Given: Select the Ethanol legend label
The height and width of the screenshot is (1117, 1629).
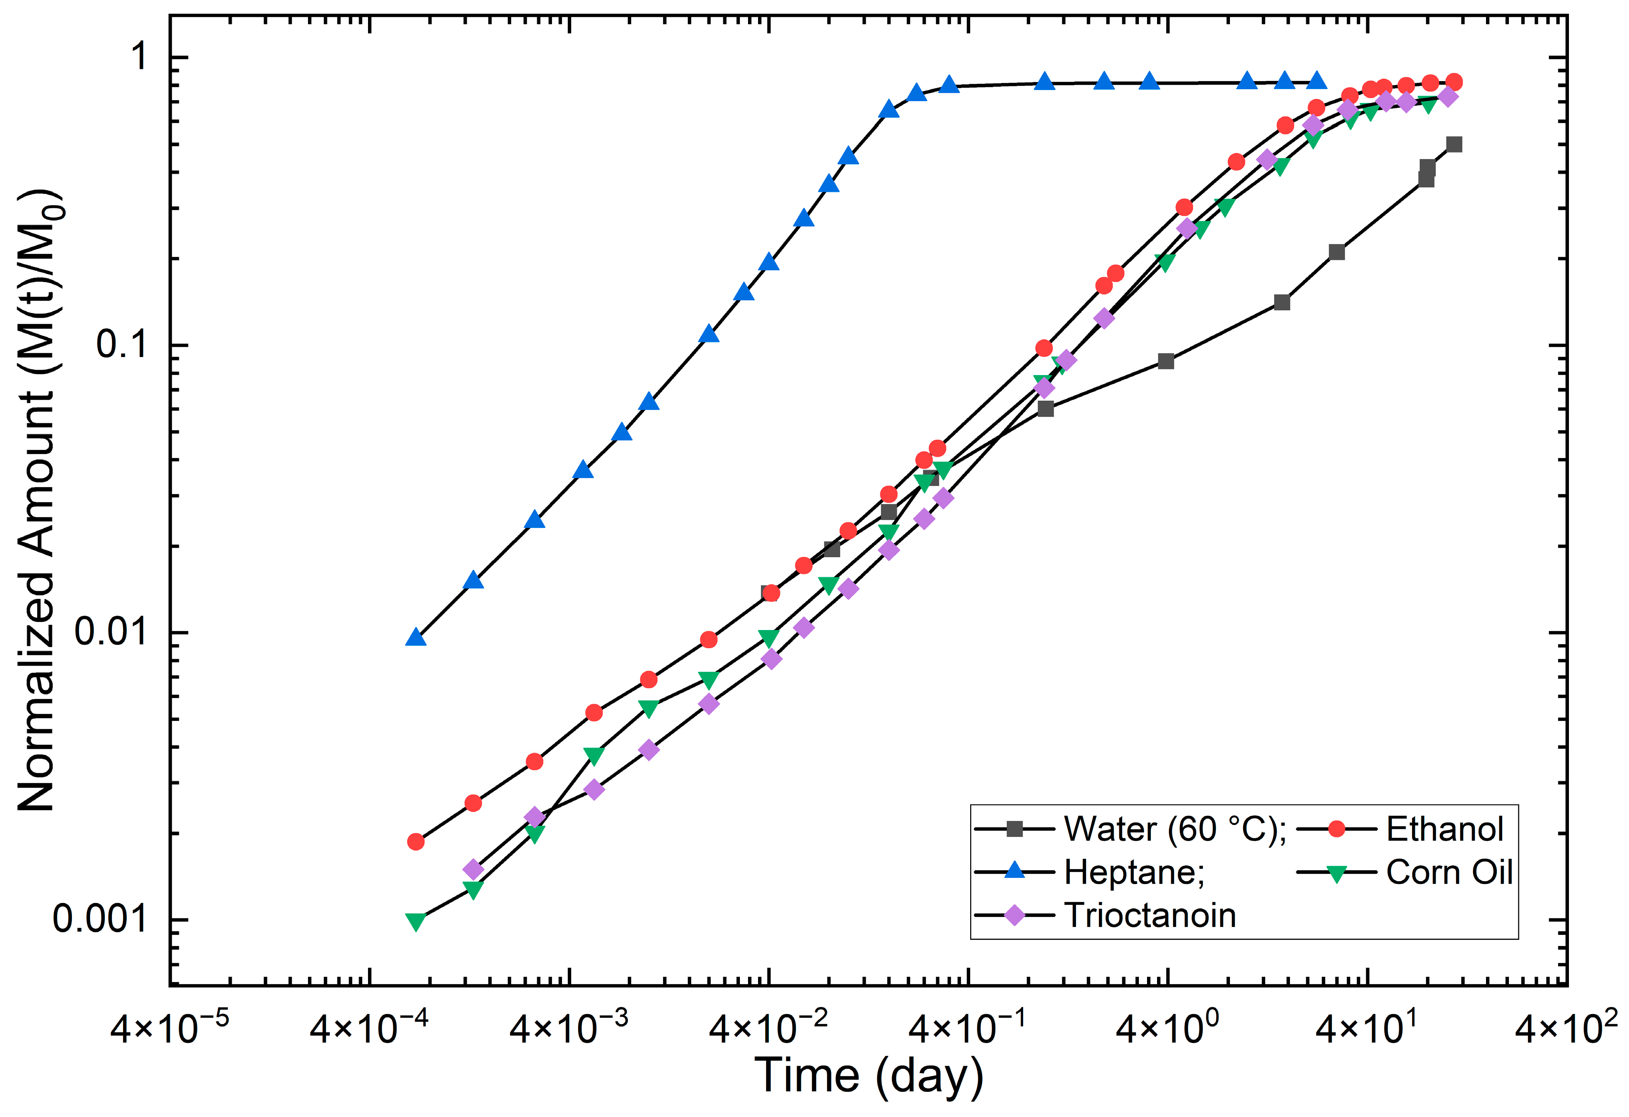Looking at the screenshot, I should click(1445, 829).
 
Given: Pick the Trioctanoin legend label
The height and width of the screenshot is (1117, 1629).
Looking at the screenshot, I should click(1149, 915).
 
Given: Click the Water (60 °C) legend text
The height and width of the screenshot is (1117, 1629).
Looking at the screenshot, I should click(1174, 829).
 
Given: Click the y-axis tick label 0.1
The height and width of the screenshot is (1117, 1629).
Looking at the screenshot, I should click(121, 344).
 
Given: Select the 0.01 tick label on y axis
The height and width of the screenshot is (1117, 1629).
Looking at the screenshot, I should click(111, 631).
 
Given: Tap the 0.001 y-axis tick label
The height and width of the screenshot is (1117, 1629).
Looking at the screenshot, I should click(100, 919).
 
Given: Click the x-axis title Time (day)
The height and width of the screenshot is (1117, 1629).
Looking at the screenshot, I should click(869, 1076).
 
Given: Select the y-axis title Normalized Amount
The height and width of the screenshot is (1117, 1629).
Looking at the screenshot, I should click(39, 501).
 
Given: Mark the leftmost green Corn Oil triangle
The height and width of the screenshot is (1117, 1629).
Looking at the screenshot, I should click(416, 921).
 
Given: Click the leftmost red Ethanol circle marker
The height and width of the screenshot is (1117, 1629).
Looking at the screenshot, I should click(416, 842).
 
